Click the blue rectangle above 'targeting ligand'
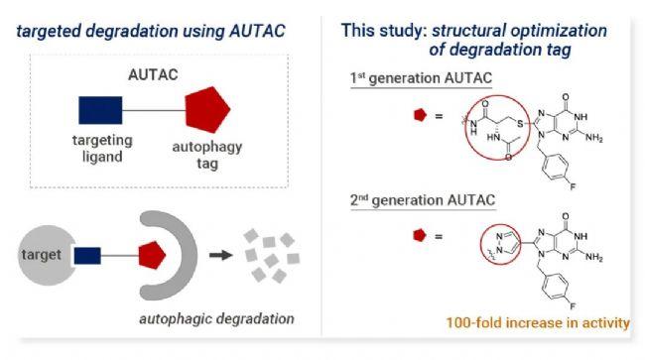(99, 110)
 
